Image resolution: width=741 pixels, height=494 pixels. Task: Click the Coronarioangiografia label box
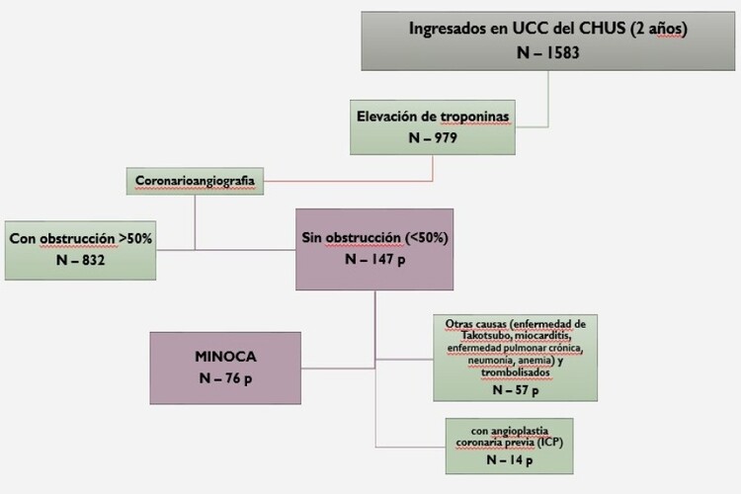(x=189, y=180)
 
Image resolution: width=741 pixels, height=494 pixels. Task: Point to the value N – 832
(x=78, y=259)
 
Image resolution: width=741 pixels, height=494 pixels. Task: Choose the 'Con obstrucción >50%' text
(x=80, y=238)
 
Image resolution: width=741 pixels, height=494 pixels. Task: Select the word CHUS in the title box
(x=605, y=28)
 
